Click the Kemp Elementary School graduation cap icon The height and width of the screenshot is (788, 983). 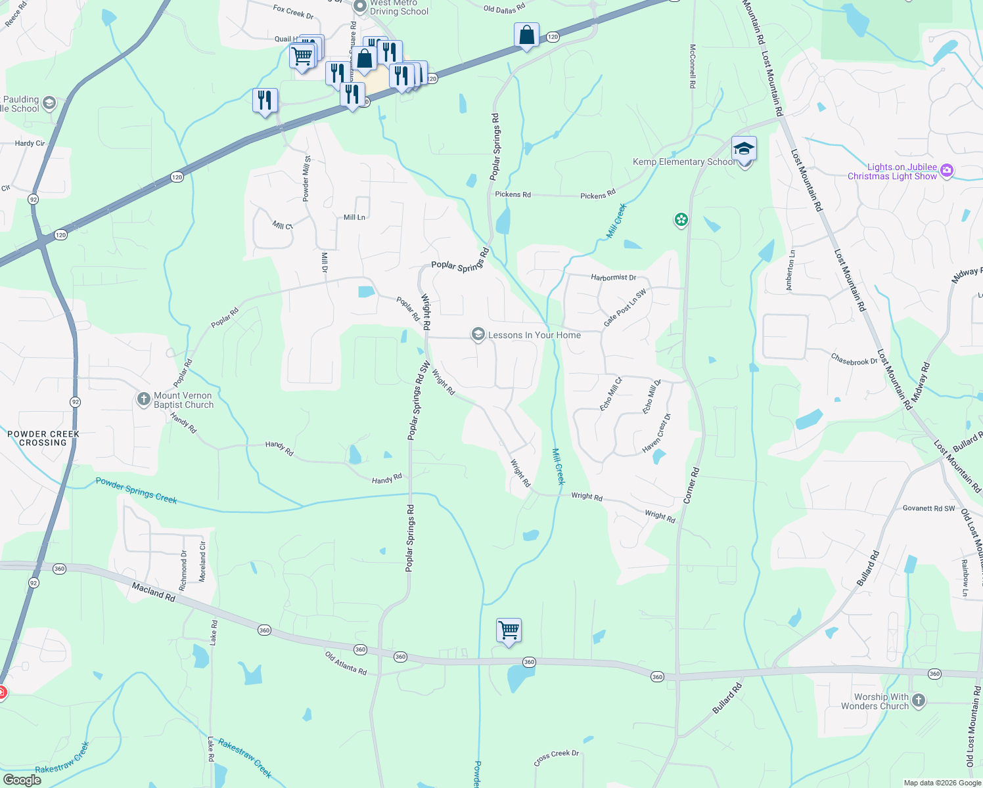click(744, 148)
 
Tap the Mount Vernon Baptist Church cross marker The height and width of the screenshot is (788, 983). click(144, 399)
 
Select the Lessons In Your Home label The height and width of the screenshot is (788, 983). click(534, 335)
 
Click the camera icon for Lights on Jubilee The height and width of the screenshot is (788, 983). click(946, 171)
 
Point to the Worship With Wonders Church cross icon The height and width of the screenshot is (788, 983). click(919, 701)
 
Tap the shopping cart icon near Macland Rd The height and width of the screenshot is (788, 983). click(509, 631)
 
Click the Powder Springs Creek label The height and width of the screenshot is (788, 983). click(136, 491)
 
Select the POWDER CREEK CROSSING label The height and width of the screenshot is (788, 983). click(43, 438)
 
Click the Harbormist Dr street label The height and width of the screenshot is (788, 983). click(613, 277)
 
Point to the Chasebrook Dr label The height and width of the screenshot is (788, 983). click(854, 361)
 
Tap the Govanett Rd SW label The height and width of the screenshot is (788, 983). click(928, 508)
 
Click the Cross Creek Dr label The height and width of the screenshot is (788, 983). click(556, 758)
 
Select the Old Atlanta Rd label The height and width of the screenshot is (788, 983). click(346, 663)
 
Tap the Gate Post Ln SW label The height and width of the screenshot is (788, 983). click(625, 307)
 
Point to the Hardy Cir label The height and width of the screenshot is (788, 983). click(30, 143)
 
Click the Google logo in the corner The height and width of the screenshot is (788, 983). click(22, 780)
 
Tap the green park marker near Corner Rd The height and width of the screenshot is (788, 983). click(681, 220)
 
